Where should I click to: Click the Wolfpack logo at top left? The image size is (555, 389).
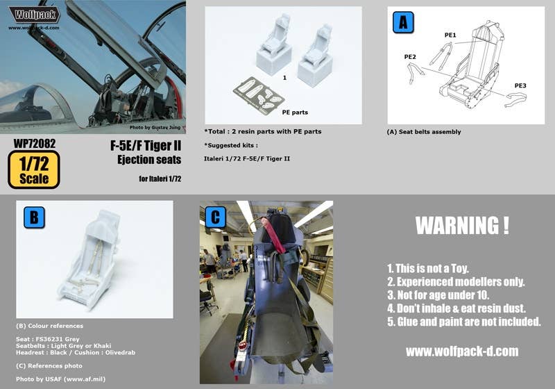point(34,15)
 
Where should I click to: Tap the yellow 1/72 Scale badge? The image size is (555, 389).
point(34,169)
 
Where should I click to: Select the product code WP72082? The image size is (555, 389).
point(35,144)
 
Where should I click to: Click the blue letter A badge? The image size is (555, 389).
point(403,22)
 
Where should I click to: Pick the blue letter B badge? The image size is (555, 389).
point(34,217)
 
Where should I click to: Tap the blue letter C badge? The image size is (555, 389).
point(216,217)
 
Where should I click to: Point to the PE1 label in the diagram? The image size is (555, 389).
point(450,35)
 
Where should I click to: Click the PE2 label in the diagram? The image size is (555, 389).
point(410,57)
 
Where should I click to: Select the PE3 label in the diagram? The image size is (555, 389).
point(520,85)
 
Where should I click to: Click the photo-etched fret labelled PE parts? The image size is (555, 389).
point(259,96)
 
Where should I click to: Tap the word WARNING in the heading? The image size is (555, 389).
point(456,225)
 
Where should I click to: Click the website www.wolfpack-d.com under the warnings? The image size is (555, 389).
point(462,351)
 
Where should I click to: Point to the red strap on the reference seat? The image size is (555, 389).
point(273,235)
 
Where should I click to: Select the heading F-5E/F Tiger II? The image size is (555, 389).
point(146,146)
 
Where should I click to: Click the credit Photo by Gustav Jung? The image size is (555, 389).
point(155,127)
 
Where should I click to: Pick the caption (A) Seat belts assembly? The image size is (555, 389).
point(424,132)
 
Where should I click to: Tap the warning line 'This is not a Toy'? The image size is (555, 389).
point(427,269)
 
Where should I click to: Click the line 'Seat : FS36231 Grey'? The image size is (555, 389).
point(48,339)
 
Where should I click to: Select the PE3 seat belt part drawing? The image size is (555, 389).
point(515,99)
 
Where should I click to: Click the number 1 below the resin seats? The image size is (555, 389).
point(284,78)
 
